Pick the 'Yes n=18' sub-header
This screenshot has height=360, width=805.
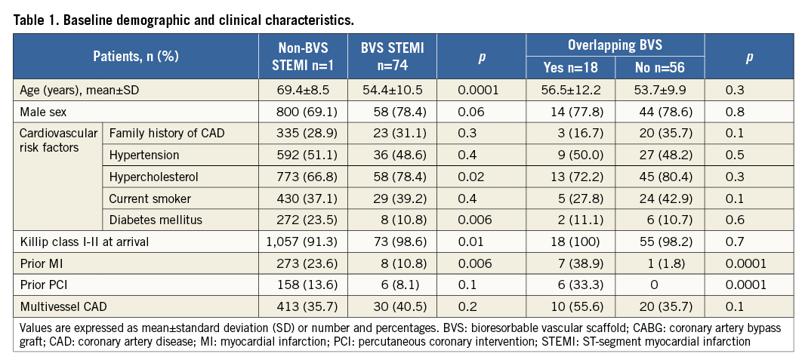pos(570,68)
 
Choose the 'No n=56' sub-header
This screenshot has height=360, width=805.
pos(659,68)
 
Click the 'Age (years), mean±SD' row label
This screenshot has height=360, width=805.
pos(78,91)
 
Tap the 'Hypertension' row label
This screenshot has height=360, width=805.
pos(144,155)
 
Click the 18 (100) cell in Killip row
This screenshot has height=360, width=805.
pos(570,242)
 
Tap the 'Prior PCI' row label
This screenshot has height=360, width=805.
pos(44,285)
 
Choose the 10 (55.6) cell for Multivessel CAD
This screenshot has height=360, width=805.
pos(570,307)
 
